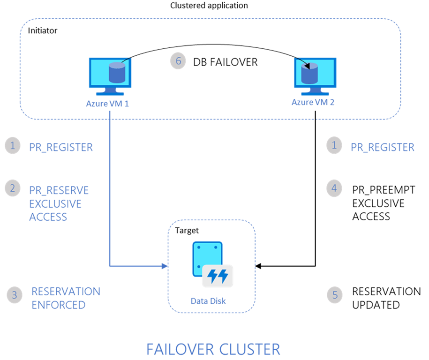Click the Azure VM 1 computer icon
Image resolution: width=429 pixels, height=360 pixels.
coord(110,75)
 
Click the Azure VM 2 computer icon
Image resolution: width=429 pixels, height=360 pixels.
coord(315,75)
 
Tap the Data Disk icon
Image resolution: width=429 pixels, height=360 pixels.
coord(211,264)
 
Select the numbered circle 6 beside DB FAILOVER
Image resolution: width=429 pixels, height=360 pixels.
coord(178,61)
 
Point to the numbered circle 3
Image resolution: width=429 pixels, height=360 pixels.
coord(15,295)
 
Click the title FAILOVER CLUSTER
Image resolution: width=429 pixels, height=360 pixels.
coord(213,349)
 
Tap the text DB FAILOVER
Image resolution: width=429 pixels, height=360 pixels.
coord(226,62)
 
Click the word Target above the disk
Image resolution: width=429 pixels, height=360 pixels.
coord(187,231)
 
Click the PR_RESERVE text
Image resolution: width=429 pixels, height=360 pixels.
coord(59,190)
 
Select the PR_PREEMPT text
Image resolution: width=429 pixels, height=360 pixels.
coord(378,190)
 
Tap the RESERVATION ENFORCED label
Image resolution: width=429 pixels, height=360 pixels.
coord(65,298)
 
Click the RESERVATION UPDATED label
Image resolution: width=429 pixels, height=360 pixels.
coord(386,298)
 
